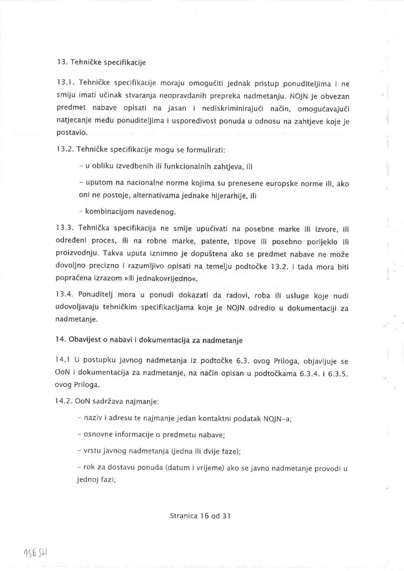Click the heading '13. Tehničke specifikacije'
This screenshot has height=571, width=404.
(x=101, y=62)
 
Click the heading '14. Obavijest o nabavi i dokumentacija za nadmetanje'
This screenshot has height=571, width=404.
(x=149, y=340)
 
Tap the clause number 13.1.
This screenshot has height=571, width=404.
(x=65, y=83)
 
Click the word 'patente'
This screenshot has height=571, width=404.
(x=212, y=241)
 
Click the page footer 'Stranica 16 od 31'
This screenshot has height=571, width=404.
(x=200, y=516)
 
